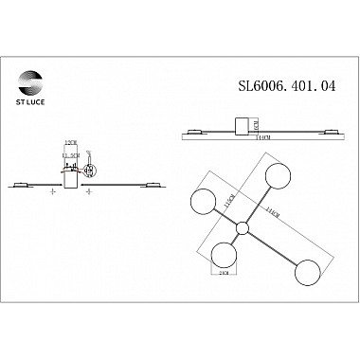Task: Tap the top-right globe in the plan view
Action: (x=276, y=176)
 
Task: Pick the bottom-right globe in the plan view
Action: (x=306, y=272)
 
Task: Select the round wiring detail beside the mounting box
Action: (x=90, y=171)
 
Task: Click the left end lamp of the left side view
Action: (x=25, y=184)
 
